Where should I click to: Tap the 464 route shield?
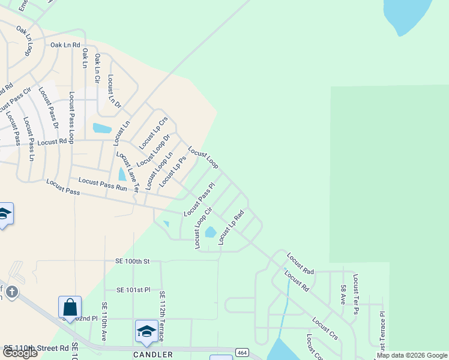tap(242, 352)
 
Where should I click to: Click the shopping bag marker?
tap(70, 307)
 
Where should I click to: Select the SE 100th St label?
tap(132, 262)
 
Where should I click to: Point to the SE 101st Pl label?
tap(133, 290)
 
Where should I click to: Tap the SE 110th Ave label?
tap(104, 322)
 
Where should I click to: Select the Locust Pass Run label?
tap(103, 184)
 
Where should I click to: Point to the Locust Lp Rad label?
tap(231, 227)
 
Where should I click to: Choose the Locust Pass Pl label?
tap(199, 200)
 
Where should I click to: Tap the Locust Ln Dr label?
tap(114, 91)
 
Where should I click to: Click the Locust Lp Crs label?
tap(153, 133)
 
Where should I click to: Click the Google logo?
tap(20, 353)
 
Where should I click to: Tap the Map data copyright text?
tap(412, 356)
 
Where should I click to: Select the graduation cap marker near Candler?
tap(146, 331)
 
